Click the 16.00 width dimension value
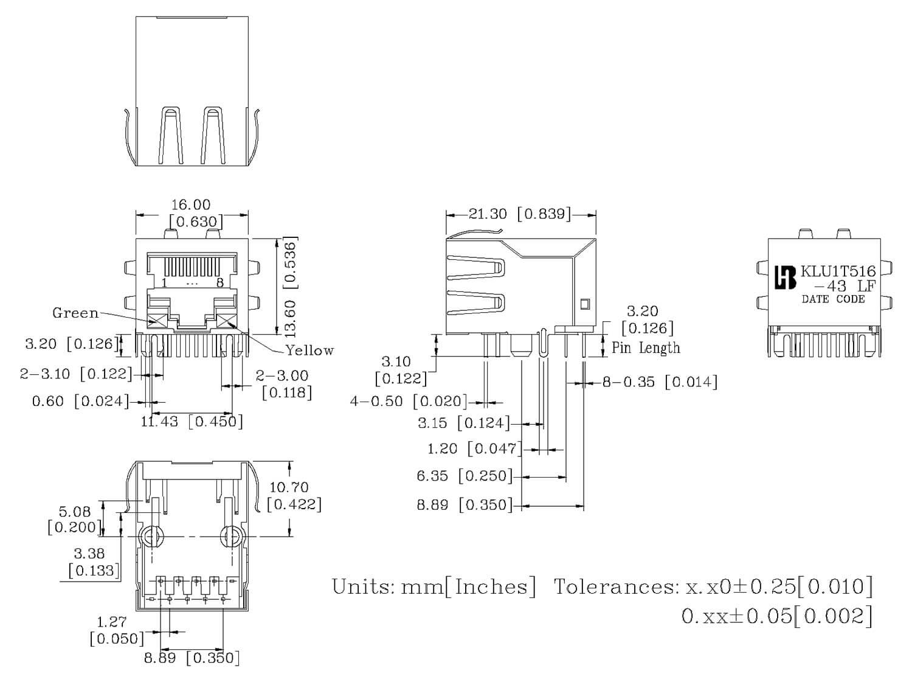point(190,205)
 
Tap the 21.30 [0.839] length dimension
point(520,214)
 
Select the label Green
point(75,313)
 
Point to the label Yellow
point(309,350)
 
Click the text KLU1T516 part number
point(838,272)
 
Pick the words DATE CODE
point(833,299)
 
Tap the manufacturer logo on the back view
point(785,278)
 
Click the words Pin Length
point(646,348)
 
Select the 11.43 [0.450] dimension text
point(192,421)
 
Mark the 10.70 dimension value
point(289,487)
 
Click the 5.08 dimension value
point(74,512)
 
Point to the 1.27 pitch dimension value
point(112,622)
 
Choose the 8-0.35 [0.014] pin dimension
point(660,382)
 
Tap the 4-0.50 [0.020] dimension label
point(409,402)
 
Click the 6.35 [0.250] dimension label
point(465,476)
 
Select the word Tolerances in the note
point(615,587)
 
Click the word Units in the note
point(362,587)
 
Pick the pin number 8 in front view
point(219,283)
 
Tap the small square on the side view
point(585,304)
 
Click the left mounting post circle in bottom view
point(151,537)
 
